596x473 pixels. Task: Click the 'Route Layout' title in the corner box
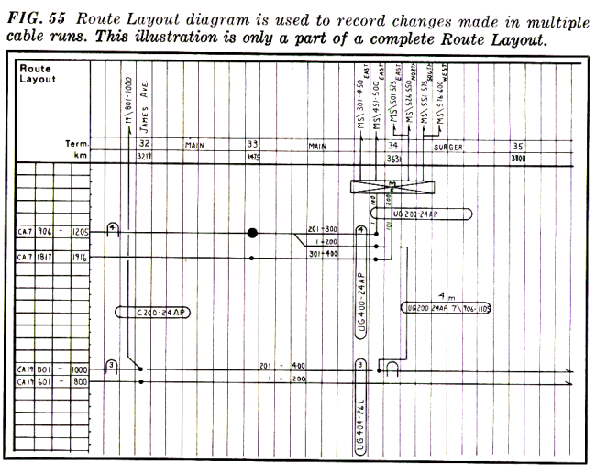[38, 73]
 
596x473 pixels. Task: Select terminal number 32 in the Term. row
[144, 145]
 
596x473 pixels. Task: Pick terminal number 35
[517, 145]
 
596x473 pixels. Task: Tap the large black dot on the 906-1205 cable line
[252, 233]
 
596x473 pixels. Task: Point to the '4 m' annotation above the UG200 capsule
[444, 296]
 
